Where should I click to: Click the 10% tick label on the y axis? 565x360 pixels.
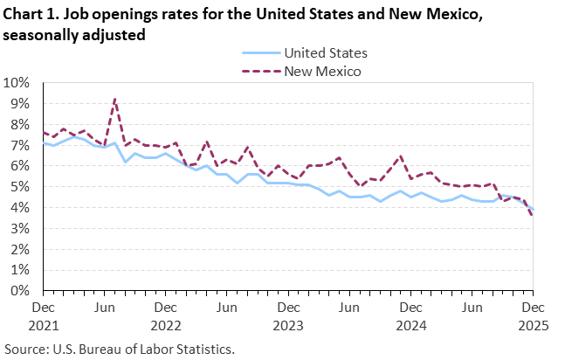(17, 83)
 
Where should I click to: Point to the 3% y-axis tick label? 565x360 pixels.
(20, 229)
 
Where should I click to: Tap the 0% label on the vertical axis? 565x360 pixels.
(20, 291)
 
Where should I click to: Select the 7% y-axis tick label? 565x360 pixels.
(20, 145)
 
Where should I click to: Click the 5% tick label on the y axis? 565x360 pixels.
(20, 187)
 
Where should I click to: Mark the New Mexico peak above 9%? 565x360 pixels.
(114, 99)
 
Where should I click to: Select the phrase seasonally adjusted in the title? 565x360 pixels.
(73, 35)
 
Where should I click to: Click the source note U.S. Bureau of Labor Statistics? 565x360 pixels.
(119, 349)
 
